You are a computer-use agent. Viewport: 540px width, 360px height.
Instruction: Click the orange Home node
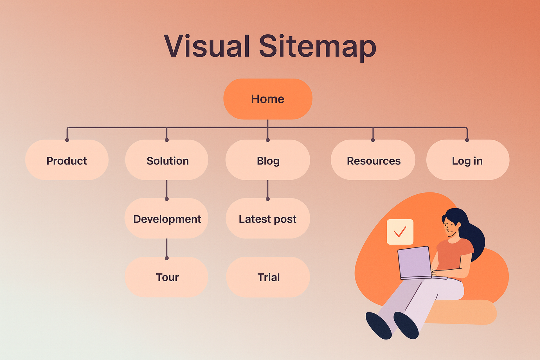tap(268, 99)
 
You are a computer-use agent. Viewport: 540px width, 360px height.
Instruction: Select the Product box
tap(67, 160)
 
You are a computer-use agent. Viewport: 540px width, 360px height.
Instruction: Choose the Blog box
tap(268, 160)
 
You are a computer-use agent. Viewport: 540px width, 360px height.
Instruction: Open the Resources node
tap(373, 160)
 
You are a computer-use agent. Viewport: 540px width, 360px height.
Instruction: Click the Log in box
tap(467, 160)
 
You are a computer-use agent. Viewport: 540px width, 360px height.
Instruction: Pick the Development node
tap(166, 219)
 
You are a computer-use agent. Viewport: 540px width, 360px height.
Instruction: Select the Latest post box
tap(268, 219)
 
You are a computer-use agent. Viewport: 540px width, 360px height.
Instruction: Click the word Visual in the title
tap(207, 46)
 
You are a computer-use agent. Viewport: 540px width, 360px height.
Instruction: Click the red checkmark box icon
tap(400, 232)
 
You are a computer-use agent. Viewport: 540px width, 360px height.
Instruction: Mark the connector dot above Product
tap(67, 140)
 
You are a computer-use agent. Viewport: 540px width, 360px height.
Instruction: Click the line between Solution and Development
tap(167, 189)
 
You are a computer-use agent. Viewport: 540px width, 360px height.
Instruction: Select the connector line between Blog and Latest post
tap(268, 189)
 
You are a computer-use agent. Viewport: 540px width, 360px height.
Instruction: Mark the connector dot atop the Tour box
tap(167, 258)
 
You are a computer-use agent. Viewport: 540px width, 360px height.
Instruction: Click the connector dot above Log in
tap(467, 140)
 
